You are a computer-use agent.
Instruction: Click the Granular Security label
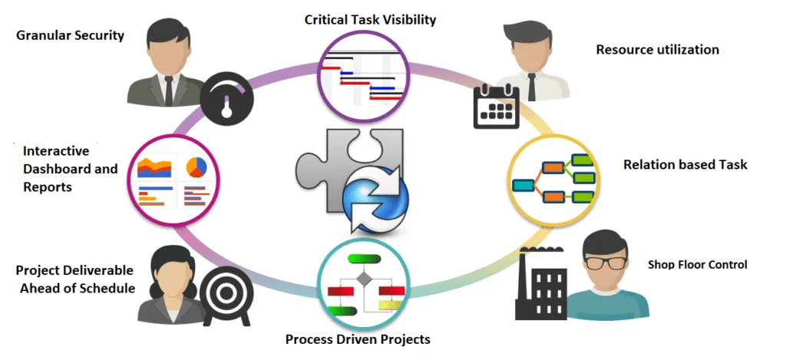tap(70, 35)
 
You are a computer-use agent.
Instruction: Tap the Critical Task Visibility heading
tap(371, 19)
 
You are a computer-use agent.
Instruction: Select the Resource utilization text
tap(657, 49)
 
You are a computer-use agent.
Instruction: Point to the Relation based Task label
tap(685, 164)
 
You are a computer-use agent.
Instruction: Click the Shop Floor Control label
tap(697, 264)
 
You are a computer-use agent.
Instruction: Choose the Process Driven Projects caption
tap(358, 339)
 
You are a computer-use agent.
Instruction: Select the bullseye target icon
tap(226, 294)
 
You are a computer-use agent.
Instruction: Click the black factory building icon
tap(541, 282)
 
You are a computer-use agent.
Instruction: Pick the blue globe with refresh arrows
tap(375, 197)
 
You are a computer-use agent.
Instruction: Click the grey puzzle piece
tap(349, 170)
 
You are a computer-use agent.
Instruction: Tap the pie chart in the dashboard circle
tap(196, 167)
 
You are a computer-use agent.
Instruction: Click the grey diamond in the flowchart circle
tap(363, 279)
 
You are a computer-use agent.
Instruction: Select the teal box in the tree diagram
tap(523, 186)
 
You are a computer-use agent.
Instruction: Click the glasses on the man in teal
tap(606, 262)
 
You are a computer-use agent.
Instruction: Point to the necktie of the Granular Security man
tap(168, 91)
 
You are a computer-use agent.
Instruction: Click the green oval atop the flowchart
tap(365, 259)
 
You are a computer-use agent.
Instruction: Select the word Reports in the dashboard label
tap(48, 187)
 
